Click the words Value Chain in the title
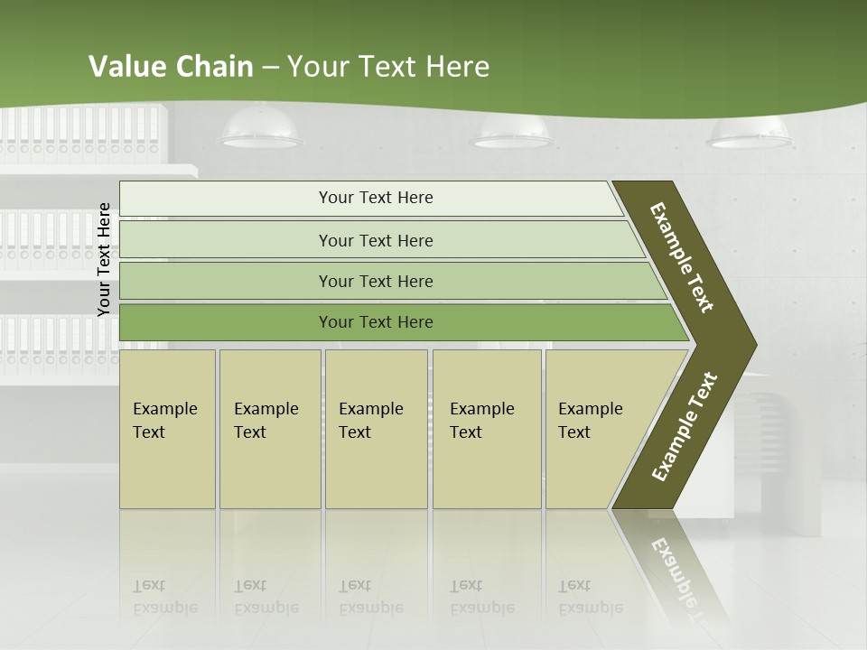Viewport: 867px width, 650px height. (x=171, y=67)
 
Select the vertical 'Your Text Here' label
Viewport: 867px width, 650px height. (x=105, y=259)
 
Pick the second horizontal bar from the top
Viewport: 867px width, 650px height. (x=375, y=240)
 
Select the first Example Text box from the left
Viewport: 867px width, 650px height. (x=167, y=429)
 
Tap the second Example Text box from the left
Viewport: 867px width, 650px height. (x=269, y=429)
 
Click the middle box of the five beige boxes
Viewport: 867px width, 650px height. (x=376, y=429)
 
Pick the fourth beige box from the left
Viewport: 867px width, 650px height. (x=487, y=429)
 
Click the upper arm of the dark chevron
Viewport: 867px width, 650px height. (x=683, y=257)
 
